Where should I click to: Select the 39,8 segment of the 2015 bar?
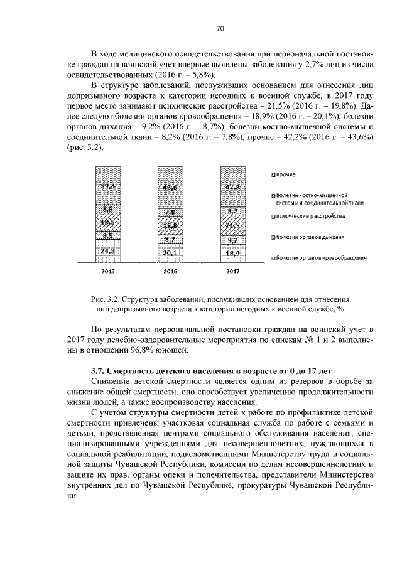[108, 186]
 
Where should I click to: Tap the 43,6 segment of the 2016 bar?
[170, 188]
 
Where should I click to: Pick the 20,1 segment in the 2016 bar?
[170, 253]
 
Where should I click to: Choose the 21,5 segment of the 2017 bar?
[232, 225]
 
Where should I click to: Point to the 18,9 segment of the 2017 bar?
[232, 254]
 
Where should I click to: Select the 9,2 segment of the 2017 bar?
[232, 240]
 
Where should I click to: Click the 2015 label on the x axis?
[108, 272]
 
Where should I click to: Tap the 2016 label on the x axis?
[170, 272]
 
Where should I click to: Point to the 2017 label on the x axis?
[232, 272]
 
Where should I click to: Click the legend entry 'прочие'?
[286, 174]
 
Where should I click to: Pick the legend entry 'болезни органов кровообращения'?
[320, 257]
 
